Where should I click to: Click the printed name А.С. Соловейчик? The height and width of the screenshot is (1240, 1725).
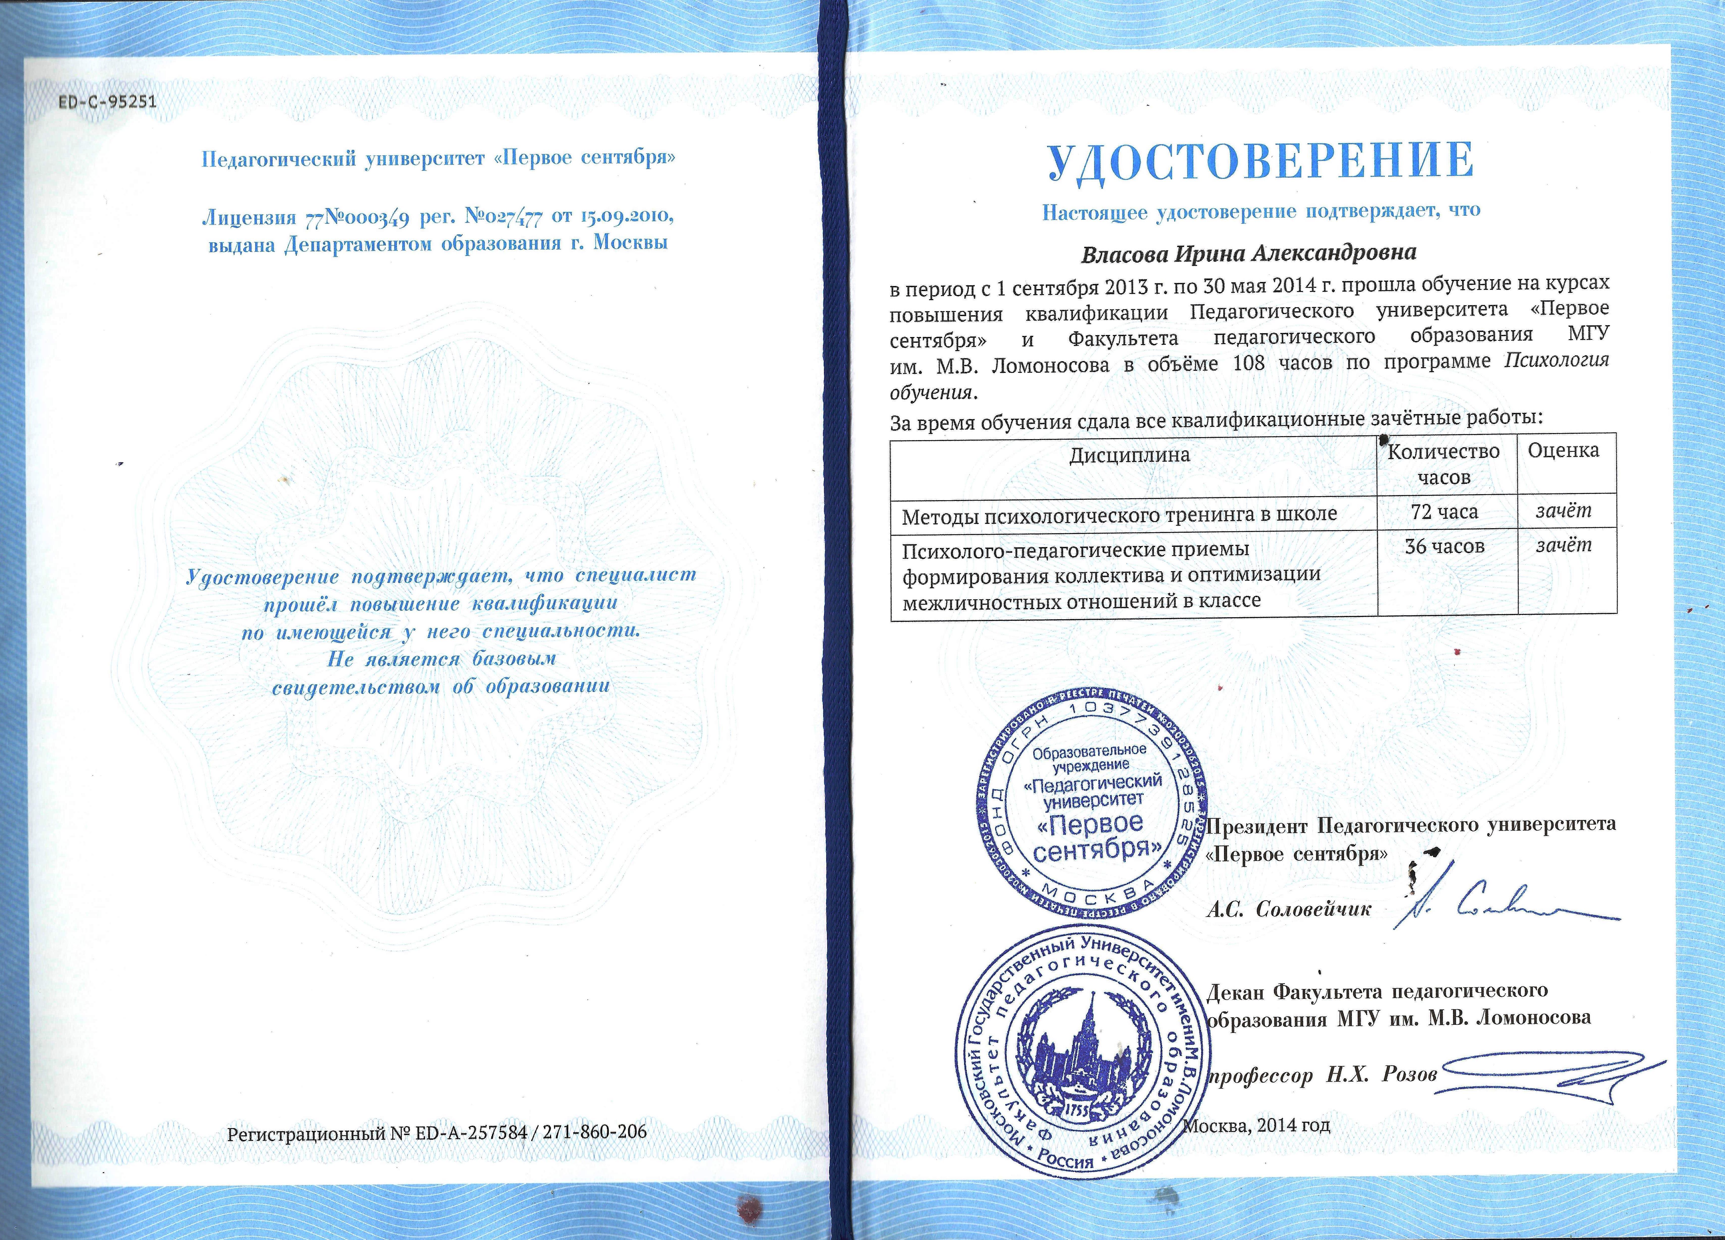[x=1289, y=909]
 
